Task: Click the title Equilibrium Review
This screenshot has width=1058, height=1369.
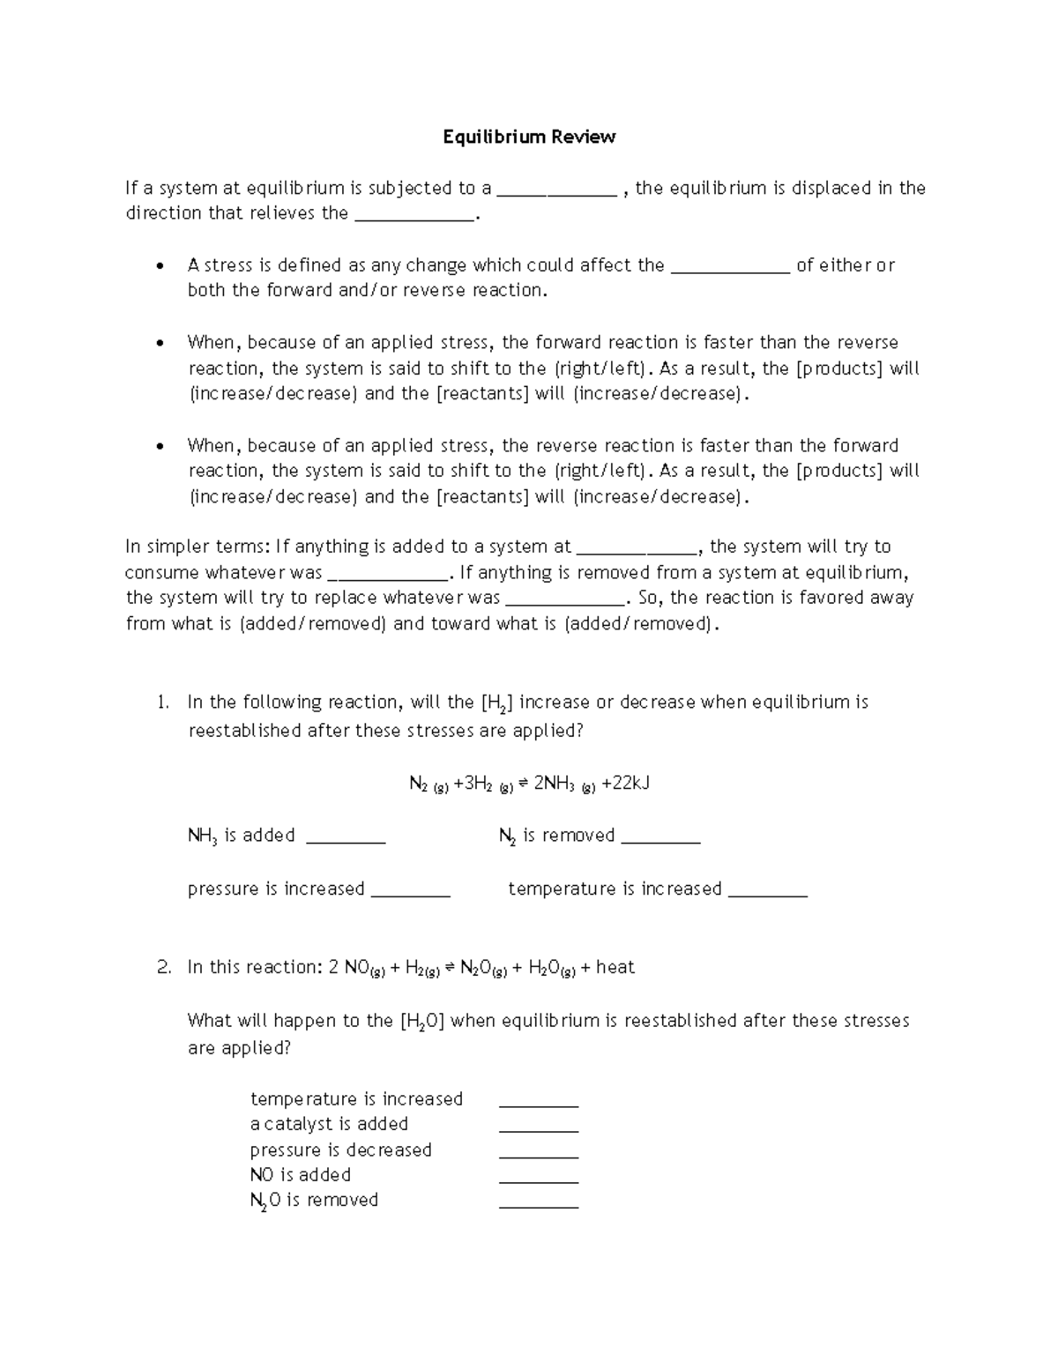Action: click(x=529, y=137)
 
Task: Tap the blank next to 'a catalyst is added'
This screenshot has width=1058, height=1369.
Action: click(x=539, y=1126)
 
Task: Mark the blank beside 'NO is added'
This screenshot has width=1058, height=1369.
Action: click(x=539, y=1177)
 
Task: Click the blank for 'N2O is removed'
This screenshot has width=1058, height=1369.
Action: click(x=539, y=1202)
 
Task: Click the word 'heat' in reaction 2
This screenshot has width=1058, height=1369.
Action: click(x=615, y=967)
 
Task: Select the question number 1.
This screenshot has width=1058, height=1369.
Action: click(x=162, y=703)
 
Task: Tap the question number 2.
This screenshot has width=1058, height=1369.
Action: click(x=163, y=967)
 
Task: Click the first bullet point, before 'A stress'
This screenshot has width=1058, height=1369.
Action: click(x=159, y=266)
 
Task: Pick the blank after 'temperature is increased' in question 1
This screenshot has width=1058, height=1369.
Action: click(x=769, y=891)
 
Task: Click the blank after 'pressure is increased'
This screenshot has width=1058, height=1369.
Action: click(x=411, y=891)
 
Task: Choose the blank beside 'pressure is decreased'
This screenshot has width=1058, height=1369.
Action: click(x=539, y=1151)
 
